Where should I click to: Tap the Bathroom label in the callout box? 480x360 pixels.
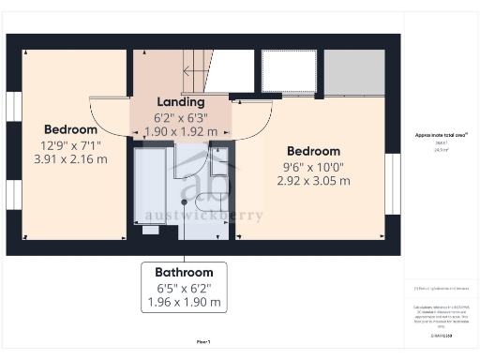point(184,272)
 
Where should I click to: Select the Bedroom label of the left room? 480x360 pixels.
point(70,129)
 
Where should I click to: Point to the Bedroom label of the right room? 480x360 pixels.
point(313,151)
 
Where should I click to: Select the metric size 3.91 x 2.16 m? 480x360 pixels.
point(70,159)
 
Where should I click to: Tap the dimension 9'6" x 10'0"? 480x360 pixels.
point(313,166)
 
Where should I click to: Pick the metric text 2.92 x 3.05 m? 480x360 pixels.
point(313,181)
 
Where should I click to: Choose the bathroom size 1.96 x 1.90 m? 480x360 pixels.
point(184,302)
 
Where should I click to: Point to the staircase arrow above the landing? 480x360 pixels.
point(198,69)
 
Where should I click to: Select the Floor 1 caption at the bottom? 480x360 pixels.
point(202,341)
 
